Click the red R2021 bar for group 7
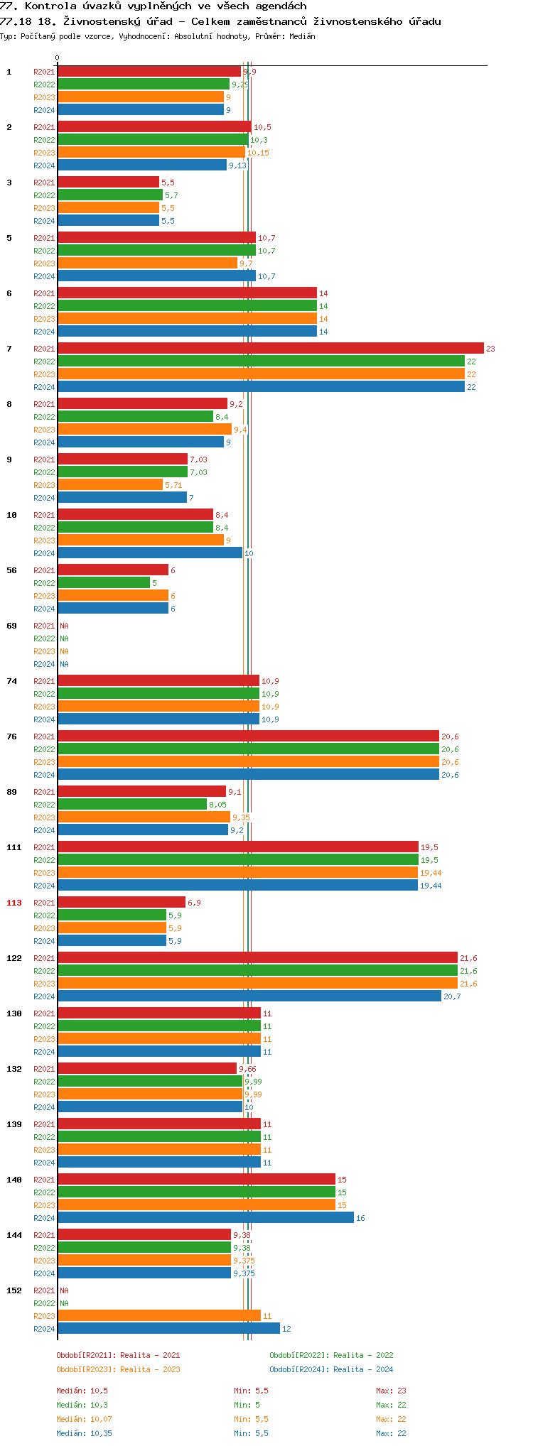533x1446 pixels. pyautogui.click(x=270, y=349)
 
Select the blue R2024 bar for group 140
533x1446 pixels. pyautogui.click(x=205, y=1218)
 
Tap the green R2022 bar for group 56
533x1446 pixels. pyautogui.click(x=104, y=583)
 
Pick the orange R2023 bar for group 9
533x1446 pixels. pyautogui.click(x=110, y=485)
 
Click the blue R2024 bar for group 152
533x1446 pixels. pyautogui.click(x=168, y=1329)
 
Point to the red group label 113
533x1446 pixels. pyautogui.click(x=14, y=903)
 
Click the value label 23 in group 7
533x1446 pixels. pyautogui.click(x=490, y=349)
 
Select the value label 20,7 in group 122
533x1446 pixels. pyautogui.click(x=452, y=996)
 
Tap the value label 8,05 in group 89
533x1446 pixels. pyautogui.click(x=217, y=805)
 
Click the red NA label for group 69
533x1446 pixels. pyautogui.click(x=64, y=626)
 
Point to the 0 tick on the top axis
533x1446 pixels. pyautogui.click(x=58, y=58)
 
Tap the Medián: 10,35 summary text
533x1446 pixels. pyautogui.click(x=84, y=1433)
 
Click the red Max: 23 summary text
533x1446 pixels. pyautogui.click(x=391, y=1391)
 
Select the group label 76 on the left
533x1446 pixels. pyautogui.click(x=12, y=736)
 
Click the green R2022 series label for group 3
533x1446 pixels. pyautogui.click(x=44, y=195)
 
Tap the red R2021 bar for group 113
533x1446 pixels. pyautogui.click(x=121, y=903)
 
